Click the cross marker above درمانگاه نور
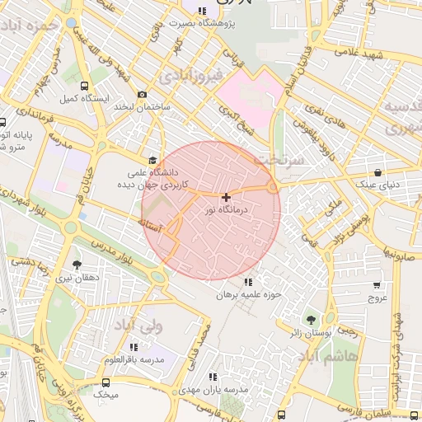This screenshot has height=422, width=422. (226, 197)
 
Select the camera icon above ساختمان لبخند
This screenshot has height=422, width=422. (143, 96)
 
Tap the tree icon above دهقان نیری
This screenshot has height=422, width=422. (77, 265)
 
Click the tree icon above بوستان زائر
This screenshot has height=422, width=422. (311, 319)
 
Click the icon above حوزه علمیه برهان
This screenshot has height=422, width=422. (248, 282)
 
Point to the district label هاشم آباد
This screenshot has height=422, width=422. (329, 355)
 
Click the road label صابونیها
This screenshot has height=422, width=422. (401, 256)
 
